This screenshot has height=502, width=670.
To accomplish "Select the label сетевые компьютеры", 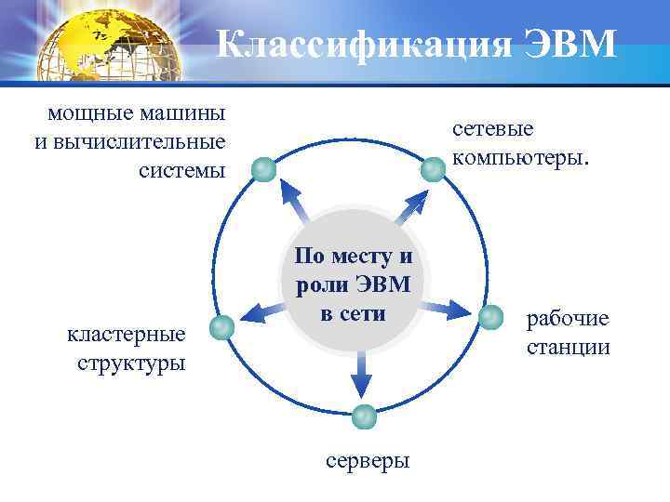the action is (520, 143).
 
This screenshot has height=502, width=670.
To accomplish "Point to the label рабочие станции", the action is (568, 333).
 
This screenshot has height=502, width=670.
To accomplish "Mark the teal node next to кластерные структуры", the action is (221, 326).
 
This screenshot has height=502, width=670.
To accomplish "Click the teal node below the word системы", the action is (265, 169).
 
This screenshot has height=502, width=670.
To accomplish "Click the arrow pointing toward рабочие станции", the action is (452, 308).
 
